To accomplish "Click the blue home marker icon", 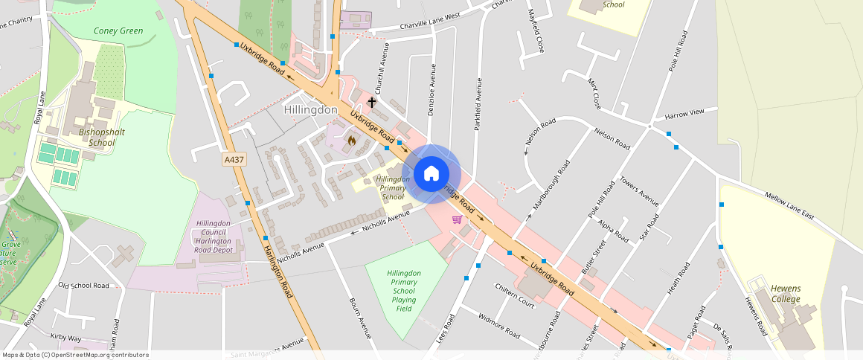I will (x=431, y=174).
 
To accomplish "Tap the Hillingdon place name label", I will (x=311, y=110).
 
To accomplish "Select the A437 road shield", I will (x=233, y=159).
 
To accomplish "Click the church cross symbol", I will (x=372, y=101).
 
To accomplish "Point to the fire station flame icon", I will (x=351, y=139).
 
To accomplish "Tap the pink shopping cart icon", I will (x=457, y=219).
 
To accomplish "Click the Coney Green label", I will (x=118, y=31).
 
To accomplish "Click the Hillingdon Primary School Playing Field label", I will (x=405, y=291).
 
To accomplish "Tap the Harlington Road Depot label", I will (x=214, y=237).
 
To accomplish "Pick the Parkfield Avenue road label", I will (x=479, y=105).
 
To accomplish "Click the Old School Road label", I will (x=84, y=286).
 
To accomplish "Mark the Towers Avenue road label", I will (x=639, y=191).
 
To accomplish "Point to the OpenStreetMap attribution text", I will (x=75, y=355).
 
